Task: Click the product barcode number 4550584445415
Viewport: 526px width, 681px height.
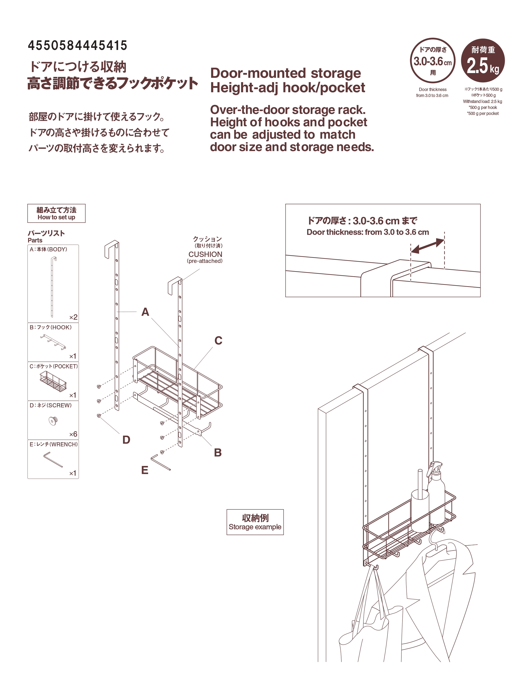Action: pyautogui.click(x=78, y=46)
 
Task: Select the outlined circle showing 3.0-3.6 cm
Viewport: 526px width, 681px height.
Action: pyautogui.click(x=433, y=60)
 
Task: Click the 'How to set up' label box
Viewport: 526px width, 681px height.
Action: pyautogui.click(x=56, y=213)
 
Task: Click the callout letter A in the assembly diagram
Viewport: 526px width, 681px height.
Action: pyautogui.click(x=145, y=312)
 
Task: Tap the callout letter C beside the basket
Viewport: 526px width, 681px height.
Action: pyautogui.click(x=218, y=340)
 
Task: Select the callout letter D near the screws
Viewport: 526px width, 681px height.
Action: pyautogui.click(x=126, y=440)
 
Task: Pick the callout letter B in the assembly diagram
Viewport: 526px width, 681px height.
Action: pyautogui.click(x=218, y=452)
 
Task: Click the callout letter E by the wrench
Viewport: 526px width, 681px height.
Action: pyautogui.click(x=145, y=470)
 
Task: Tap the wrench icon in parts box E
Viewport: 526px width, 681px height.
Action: pyautogui.click(x=53, y=459)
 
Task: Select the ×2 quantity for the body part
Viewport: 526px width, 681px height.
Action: pyautogui.click(x=73, y=317)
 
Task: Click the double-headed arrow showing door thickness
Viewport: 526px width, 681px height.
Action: pyautogui.click(x=428, y=246)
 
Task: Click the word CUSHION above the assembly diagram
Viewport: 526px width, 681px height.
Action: pyautogui.click(x=205, y=254)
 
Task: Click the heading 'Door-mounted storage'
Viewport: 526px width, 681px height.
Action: pyautogui.click(x=286, y=73)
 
